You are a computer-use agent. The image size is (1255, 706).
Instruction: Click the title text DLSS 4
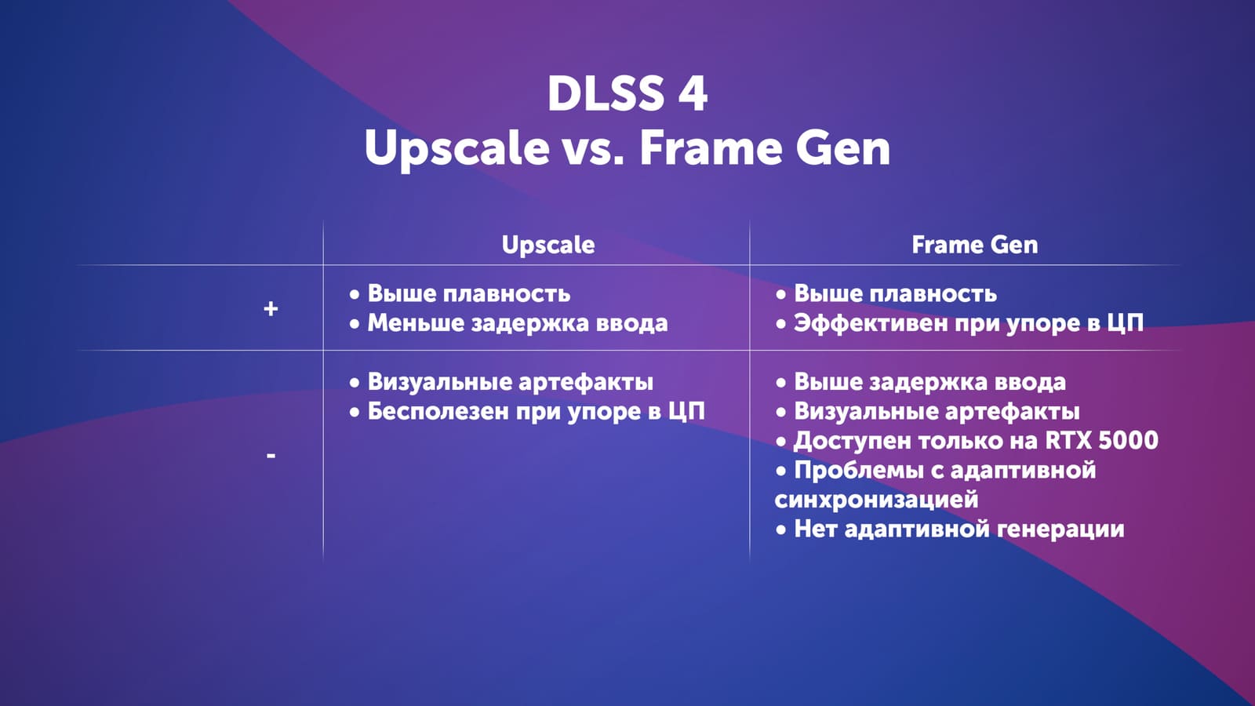(627, 93)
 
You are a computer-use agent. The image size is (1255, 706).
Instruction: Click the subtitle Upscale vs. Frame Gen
(627, 148)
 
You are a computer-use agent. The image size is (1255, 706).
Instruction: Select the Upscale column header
(548, 245)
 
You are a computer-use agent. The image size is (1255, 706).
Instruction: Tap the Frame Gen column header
(975, 245)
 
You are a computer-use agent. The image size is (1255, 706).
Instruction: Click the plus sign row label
(271, 308)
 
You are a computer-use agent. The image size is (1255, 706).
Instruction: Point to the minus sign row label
(271, 456)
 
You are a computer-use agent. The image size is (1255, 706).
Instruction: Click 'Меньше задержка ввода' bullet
(508, 323)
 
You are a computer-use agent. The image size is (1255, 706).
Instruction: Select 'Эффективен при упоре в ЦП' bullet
(959, 323)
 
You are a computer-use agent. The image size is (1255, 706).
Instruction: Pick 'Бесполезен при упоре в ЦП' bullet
(526, 411)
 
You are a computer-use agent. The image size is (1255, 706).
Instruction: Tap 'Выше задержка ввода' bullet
(921, 382)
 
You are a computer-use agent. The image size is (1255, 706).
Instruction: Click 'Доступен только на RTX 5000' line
(967, 440)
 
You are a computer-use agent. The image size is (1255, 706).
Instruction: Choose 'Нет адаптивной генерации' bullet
(950, 529)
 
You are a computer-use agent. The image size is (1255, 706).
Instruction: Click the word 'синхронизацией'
(876, 499)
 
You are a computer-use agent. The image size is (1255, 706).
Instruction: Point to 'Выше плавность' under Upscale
(460, 293)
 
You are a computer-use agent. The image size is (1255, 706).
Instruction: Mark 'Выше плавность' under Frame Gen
(886, 293)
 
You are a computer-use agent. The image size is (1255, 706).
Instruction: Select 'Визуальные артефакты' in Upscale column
(501, 382)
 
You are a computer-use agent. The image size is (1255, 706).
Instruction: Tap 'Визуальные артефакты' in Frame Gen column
(927, 411)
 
